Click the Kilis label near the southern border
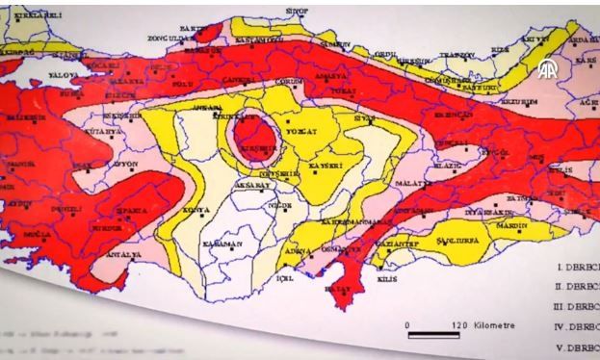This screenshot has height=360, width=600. pyautogui.click(x=386, y=277)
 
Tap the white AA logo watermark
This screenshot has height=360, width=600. pyautogui.click(x=547, y=69)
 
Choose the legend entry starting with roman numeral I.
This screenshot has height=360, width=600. pyautogui.click(x=576, y=264)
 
